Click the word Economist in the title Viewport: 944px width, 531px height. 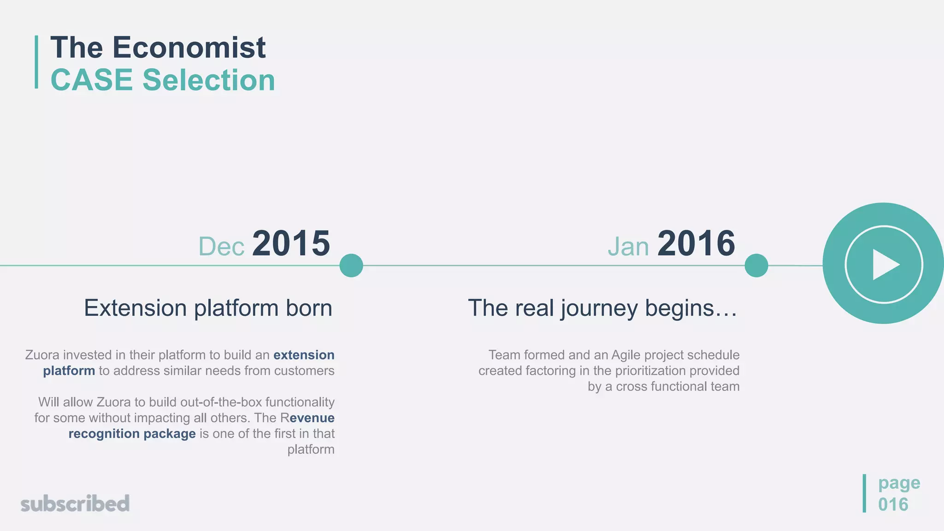pos(189,47)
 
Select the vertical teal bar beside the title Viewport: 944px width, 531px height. pos(36,62)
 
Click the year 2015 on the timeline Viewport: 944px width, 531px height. pos(291,243)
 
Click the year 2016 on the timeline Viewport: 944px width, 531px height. pos(696,243)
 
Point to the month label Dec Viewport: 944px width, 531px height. pos(221,247)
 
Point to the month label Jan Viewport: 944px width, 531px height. pos(628,247)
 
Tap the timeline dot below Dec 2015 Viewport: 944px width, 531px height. pos(351,265)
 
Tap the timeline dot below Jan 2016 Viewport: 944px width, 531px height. pos(756,265)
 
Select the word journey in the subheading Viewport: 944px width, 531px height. pos(599,308)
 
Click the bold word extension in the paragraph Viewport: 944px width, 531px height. pos(304,355)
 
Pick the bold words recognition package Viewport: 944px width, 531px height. pos(132,434)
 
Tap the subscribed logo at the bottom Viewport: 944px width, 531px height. pos(75,504)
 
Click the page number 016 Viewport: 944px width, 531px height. pos(893,504)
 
